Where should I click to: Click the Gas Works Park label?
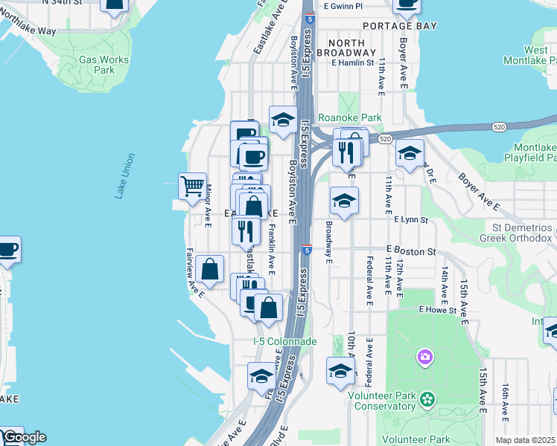[x=104, y=65]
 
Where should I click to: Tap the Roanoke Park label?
[x=349, y=117]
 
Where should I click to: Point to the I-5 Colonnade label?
[x=285, y=341]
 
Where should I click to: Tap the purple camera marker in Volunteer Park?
[x=425, y=358]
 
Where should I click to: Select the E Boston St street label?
[x=410, y=252]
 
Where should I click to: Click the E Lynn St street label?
[x=411, y=220]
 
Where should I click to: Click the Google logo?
[x=24, y=437]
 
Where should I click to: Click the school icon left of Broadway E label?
[x=343, y=201]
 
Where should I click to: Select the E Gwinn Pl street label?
[x=343, y=6]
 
